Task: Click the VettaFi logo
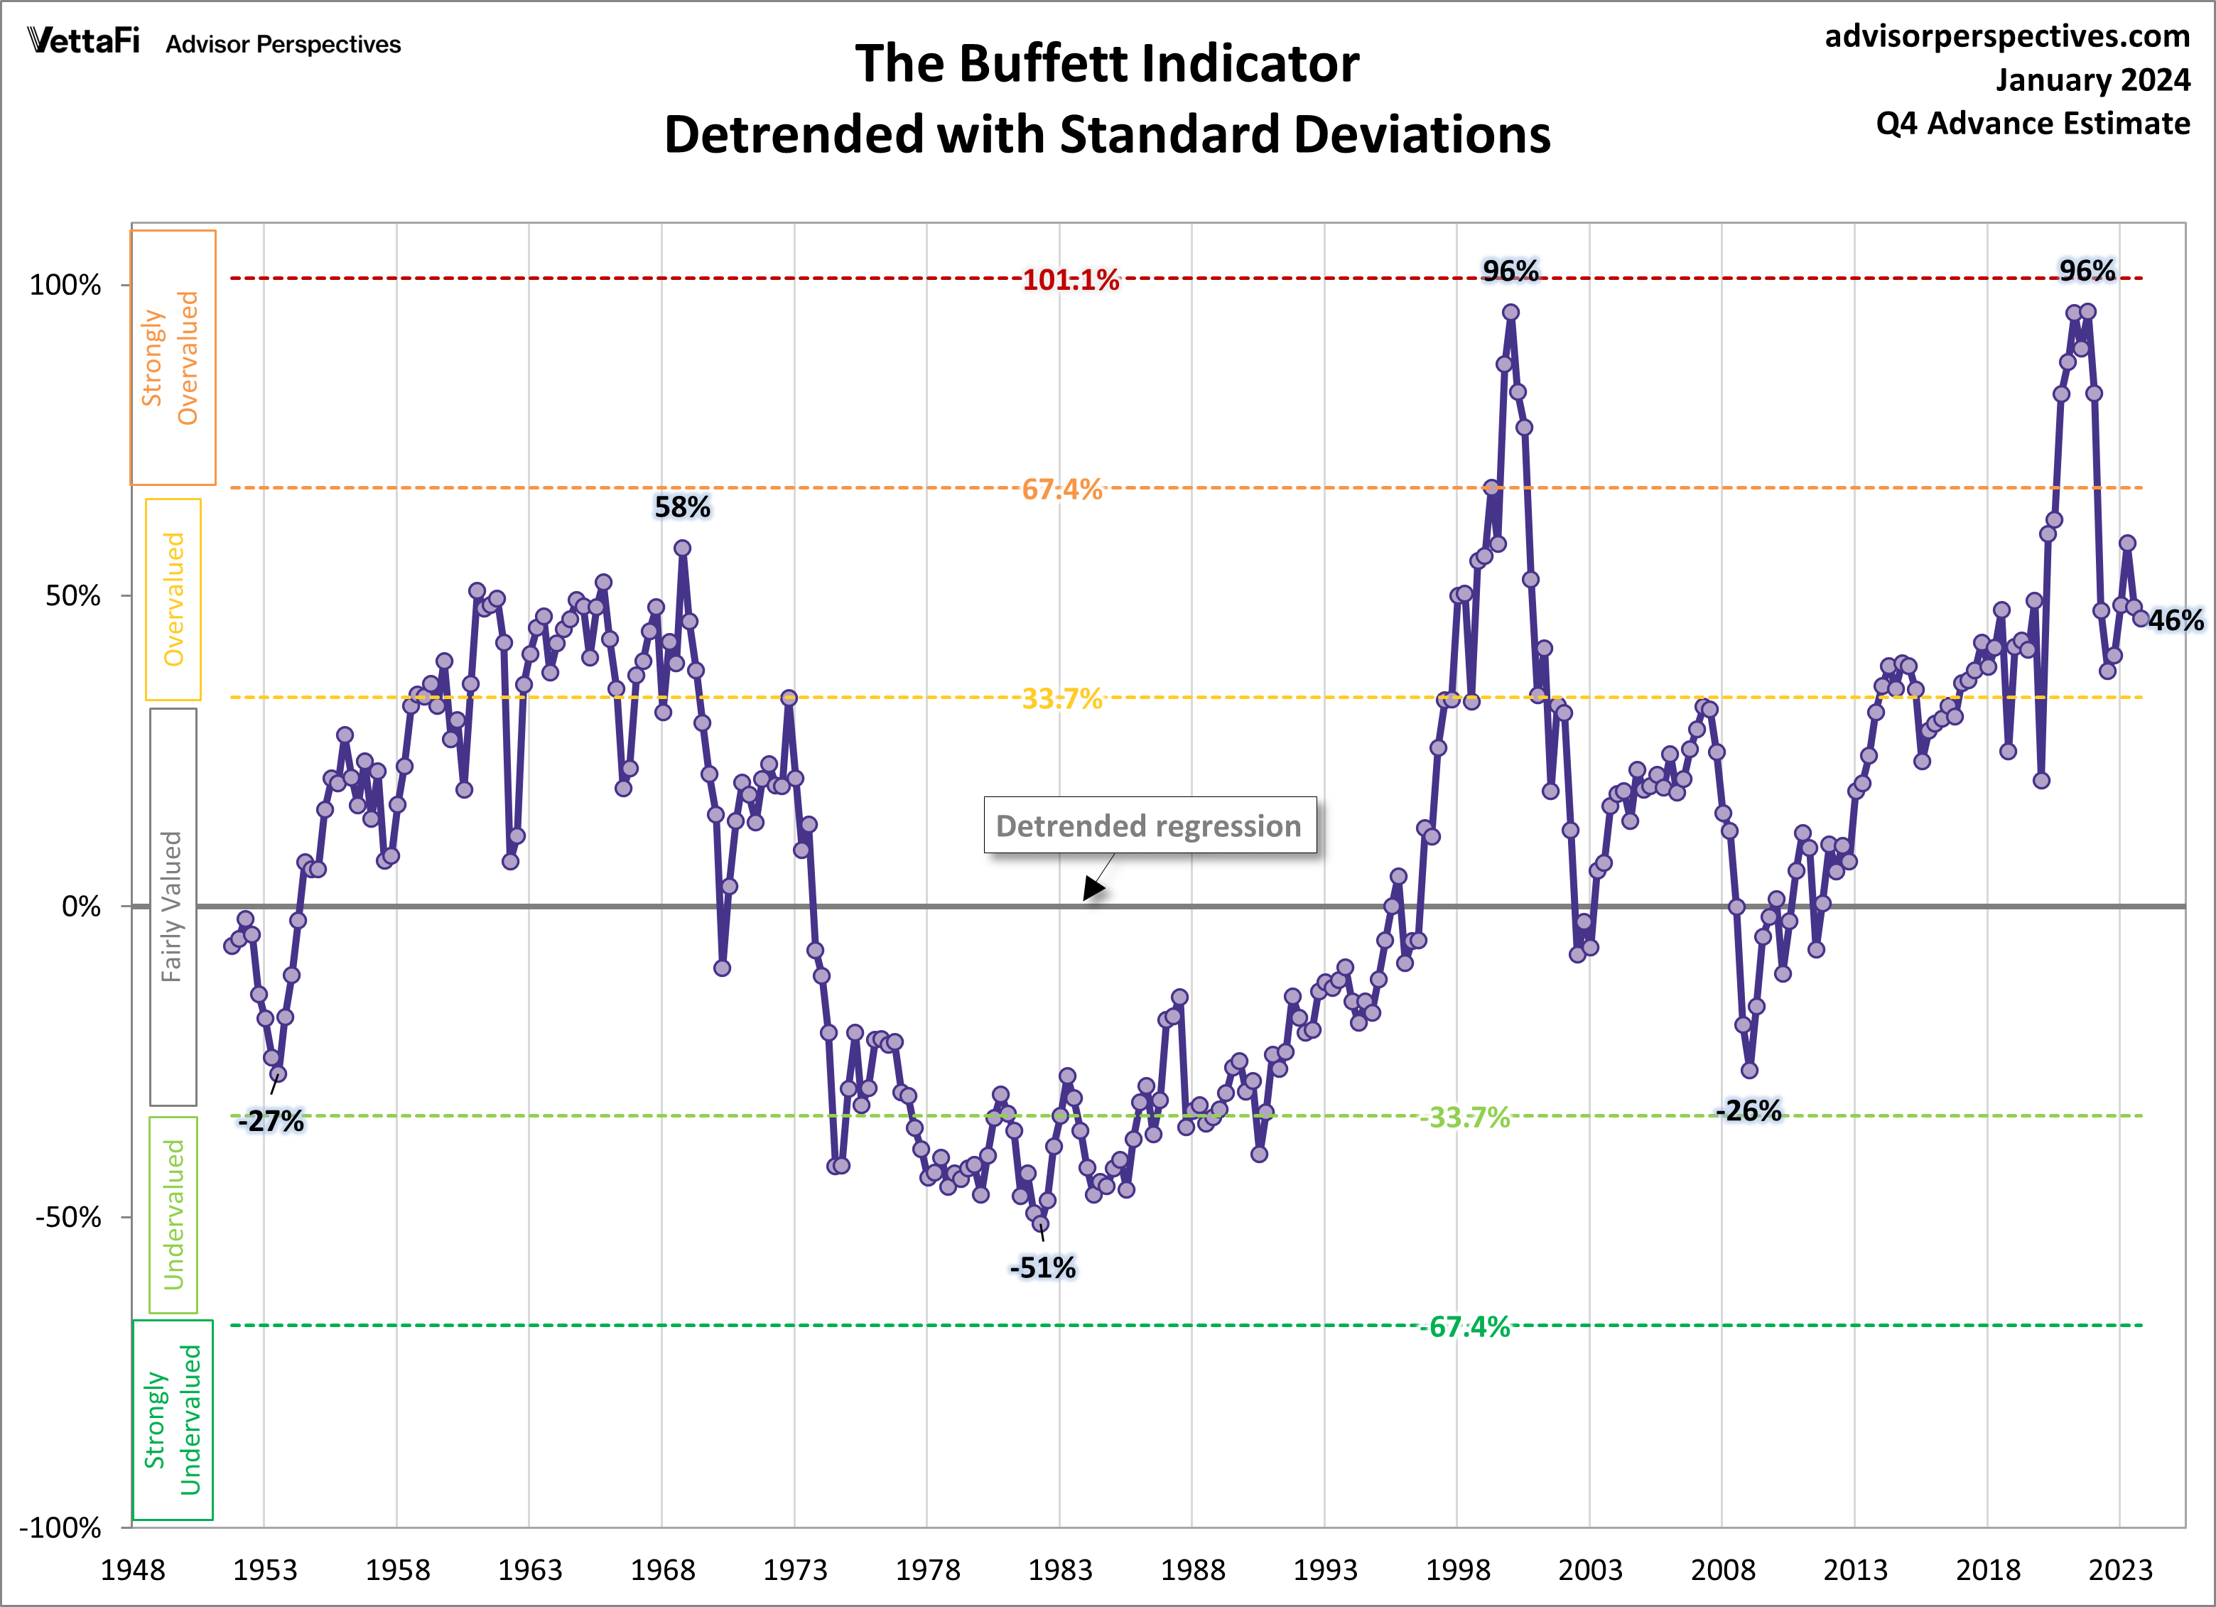84,41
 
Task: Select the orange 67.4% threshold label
1062,489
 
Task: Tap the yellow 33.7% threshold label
1062,698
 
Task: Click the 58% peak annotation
682,507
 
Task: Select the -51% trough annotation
1042,1268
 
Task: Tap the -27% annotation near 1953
271,1122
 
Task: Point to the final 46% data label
2175,620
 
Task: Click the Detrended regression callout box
1149,826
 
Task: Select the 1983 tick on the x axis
1059,1570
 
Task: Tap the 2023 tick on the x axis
2119,1570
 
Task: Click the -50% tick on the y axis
68,1217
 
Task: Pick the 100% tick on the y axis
65,286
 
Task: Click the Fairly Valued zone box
172,907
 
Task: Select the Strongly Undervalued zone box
173,1419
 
